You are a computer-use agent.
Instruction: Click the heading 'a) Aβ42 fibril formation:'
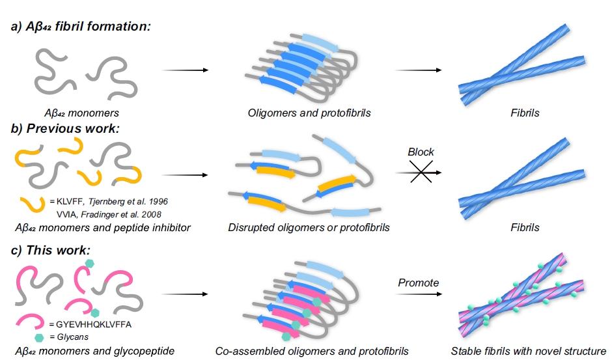pyautogui.click(x=81, y=27)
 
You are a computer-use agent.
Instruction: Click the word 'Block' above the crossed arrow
pyautogui.click(x=421, y=152)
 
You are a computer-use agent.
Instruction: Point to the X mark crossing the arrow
pyautogui.click(x=421, y=173)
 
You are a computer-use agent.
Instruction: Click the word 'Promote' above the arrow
pyautogui.click(x=419, y=283)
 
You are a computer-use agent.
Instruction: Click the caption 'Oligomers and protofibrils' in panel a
pyautogui.click(x=309, y=113)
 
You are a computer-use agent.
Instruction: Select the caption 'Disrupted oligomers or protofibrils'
pyautogui.click(x=309, y=227)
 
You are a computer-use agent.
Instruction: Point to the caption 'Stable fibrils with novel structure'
pyautogui.click(x=529, y=352)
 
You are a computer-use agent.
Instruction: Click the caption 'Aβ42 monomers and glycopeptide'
pyautogui.click(x=92, y=352)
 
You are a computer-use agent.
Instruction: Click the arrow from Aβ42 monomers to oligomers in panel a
pyautogui.click(x=184, y=70)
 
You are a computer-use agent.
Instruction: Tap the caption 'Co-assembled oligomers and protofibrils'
pyautogui.click(x=311, y=352)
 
